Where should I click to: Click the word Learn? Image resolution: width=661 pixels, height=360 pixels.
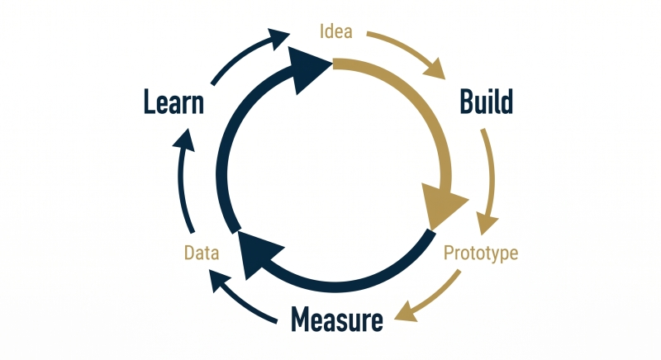(x=174, y=102)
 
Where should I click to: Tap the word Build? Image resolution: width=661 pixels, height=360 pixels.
(x=487, y=102)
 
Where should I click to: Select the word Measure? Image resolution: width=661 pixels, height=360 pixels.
(x=337, y=320)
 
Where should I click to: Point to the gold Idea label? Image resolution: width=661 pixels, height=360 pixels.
(x=336, y=31)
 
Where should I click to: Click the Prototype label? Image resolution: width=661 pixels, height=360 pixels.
(x=481, y=253)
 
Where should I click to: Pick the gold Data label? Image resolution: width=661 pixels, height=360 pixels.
(x=202, y=253)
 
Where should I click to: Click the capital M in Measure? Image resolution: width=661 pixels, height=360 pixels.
(x=300, y=320)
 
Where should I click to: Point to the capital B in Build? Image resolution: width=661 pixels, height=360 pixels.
(x=466, y=102)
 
